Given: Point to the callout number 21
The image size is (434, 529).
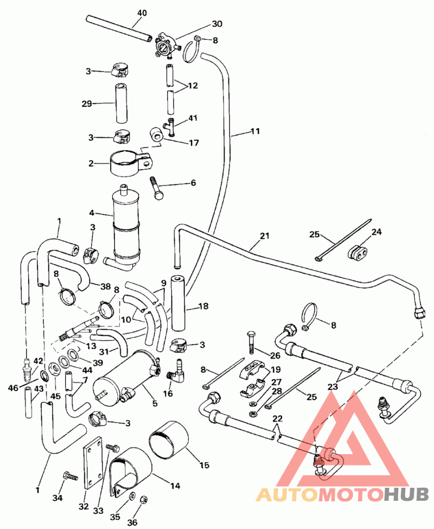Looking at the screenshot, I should tap(264, 237).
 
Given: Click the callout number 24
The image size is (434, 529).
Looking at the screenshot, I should tap(376, 232).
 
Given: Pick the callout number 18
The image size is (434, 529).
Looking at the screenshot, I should tap(204, 307).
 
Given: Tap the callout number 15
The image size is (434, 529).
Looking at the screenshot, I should tap(205, 464).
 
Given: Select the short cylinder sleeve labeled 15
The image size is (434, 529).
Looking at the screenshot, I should tap(168, 440).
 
